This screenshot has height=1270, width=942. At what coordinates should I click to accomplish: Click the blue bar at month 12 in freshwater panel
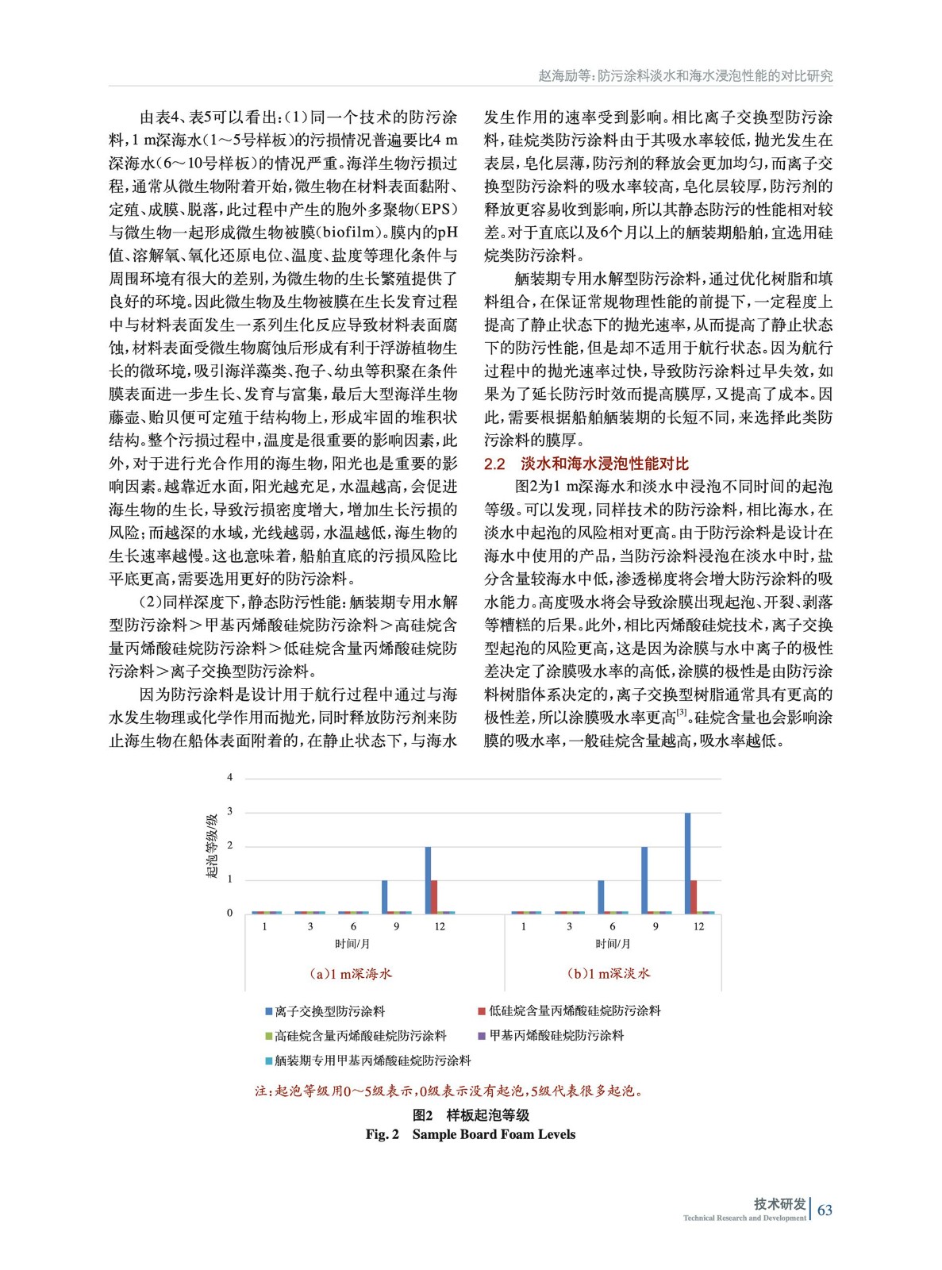click(x=687, y=863)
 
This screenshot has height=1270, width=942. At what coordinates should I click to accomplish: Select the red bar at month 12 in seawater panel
click(x=434, y=896)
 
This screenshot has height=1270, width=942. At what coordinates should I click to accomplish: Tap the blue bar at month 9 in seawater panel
click(x=385, y=896)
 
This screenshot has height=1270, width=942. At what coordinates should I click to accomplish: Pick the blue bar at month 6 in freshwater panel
click(x=601, y=896)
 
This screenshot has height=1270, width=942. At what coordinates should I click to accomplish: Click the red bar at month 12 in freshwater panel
click(x=694, y=896)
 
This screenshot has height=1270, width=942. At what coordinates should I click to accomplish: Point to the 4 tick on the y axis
click(x=230, y=777)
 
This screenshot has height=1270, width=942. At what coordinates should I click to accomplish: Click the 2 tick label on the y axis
click(x=230, y=845)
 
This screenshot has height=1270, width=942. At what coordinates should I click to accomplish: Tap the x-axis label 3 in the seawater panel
click(x=310, y=926)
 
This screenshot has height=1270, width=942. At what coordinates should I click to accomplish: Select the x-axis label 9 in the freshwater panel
click(x=656, y=926)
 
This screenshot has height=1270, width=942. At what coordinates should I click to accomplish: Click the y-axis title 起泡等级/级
click(x=212, y=845)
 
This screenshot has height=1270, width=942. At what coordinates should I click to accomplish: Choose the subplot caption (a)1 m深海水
click(x=351, y=973)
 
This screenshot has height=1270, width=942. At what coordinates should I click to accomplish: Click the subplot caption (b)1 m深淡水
click(x=609, y=973)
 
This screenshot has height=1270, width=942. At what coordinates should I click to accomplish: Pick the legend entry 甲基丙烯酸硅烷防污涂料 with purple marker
click(x=556, y=1035)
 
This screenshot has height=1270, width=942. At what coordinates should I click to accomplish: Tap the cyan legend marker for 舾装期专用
click(x=269, y=1060)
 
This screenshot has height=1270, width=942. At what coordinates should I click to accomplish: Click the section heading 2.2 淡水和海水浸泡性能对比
click(x=586, y=464)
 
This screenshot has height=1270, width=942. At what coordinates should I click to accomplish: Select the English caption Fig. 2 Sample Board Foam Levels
click(x=470, y=1134)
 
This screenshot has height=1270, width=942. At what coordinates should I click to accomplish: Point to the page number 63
click(x=825, y=1210)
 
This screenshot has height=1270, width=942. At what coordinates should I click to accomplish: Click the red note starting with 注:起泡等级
click(x=448, y=1091)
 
